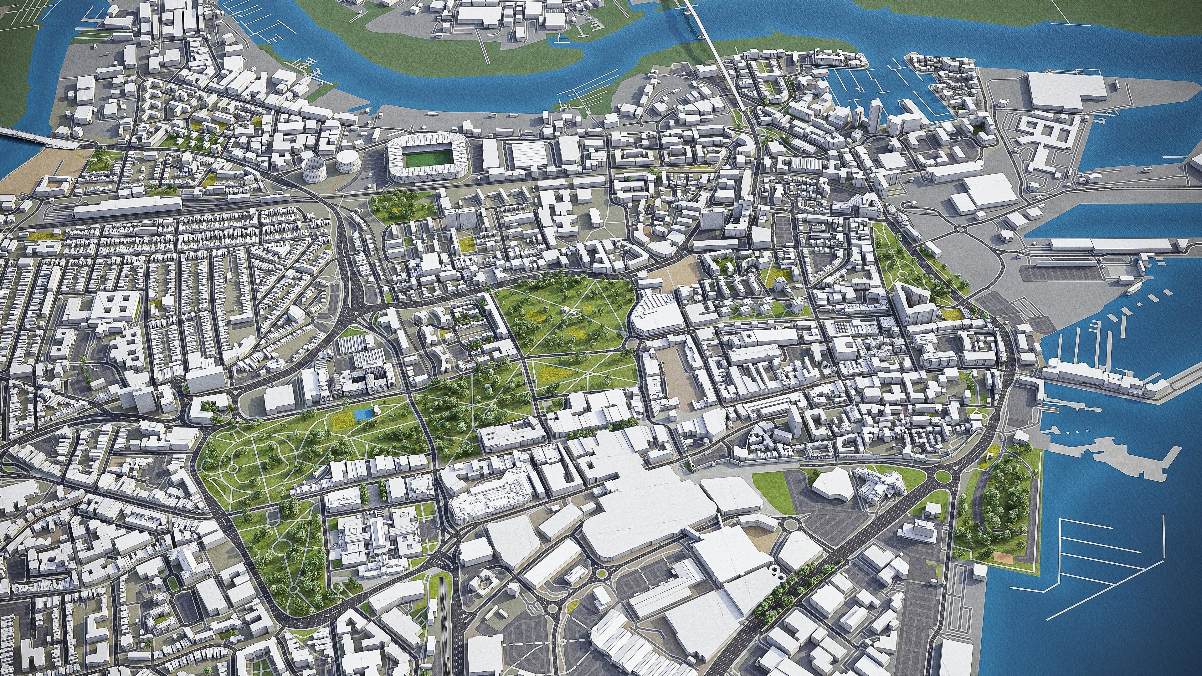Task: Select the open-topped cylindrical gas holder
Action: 314,169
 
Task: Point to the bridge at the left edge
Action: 33,139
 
